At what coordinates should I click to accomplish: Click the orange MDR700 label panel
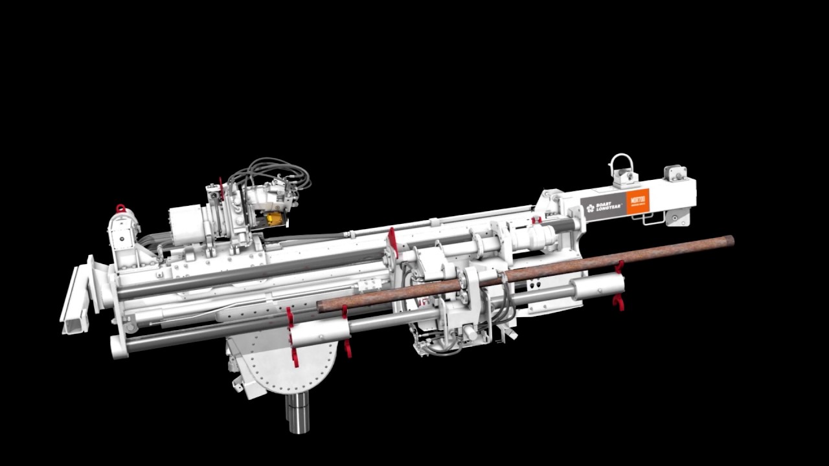coord(637,202)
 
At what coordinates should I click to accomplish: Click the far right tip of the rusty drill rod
coord(730,241)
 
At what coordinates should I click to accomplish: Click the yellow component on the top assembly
coord(275,219)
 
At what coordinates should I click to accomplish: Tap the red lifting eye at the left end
coord(120,208)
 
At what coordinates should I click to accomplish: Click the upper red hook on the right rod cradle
coord(620,266)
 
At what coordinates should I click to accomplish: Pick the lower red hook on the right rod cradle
coord(619,302)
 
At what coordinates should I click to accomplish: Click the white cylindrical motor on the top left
coord(186,224)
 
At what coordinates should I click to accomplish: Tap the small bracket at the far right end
coord(675,173)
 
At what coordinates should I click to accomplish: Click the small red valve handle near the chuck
coord(536,221)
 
